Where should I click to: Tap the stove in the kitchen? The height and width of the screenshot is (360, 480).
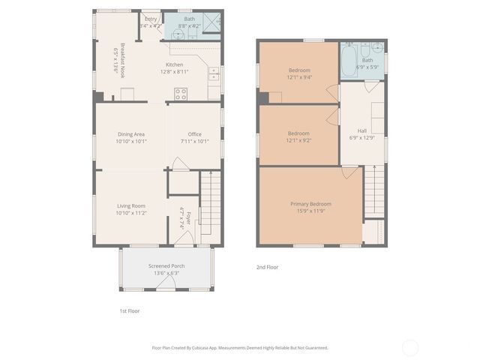181,94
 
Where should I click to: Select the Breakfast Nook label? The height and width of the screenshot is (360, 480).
117,56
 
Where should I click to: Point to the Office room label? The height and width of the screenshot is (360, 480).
194,134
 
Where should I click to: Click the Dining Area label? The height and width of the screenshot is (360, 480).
131,134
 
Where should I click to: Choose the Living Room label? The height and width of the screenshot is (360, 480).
131,205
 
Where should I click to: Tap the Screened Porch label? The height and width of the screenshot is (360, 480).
166,265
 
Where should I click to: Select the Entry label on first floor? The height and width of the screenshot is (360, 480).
151,19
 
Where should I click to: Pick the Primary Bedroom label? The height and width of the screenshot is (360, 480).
310,203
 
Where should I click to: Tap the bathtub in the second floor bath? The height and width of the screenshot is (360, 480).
349,62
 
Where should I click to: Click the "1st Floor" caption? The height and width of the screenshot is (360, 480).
130,310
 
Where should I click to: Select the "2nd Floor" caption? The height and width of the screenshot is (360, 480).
267,266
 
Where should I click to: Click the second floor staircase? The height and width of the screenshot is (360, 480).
373,190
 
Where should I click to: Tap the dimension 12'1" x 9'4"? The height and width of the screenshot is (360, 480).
299,76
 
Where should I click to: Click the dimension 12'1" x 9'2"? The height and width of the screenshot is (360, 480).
299,140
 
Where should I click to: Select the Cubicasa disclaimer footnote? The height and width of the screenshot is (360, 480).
240,347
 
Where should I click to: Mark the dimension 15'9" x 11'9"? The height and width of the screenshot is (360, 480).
310,211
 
